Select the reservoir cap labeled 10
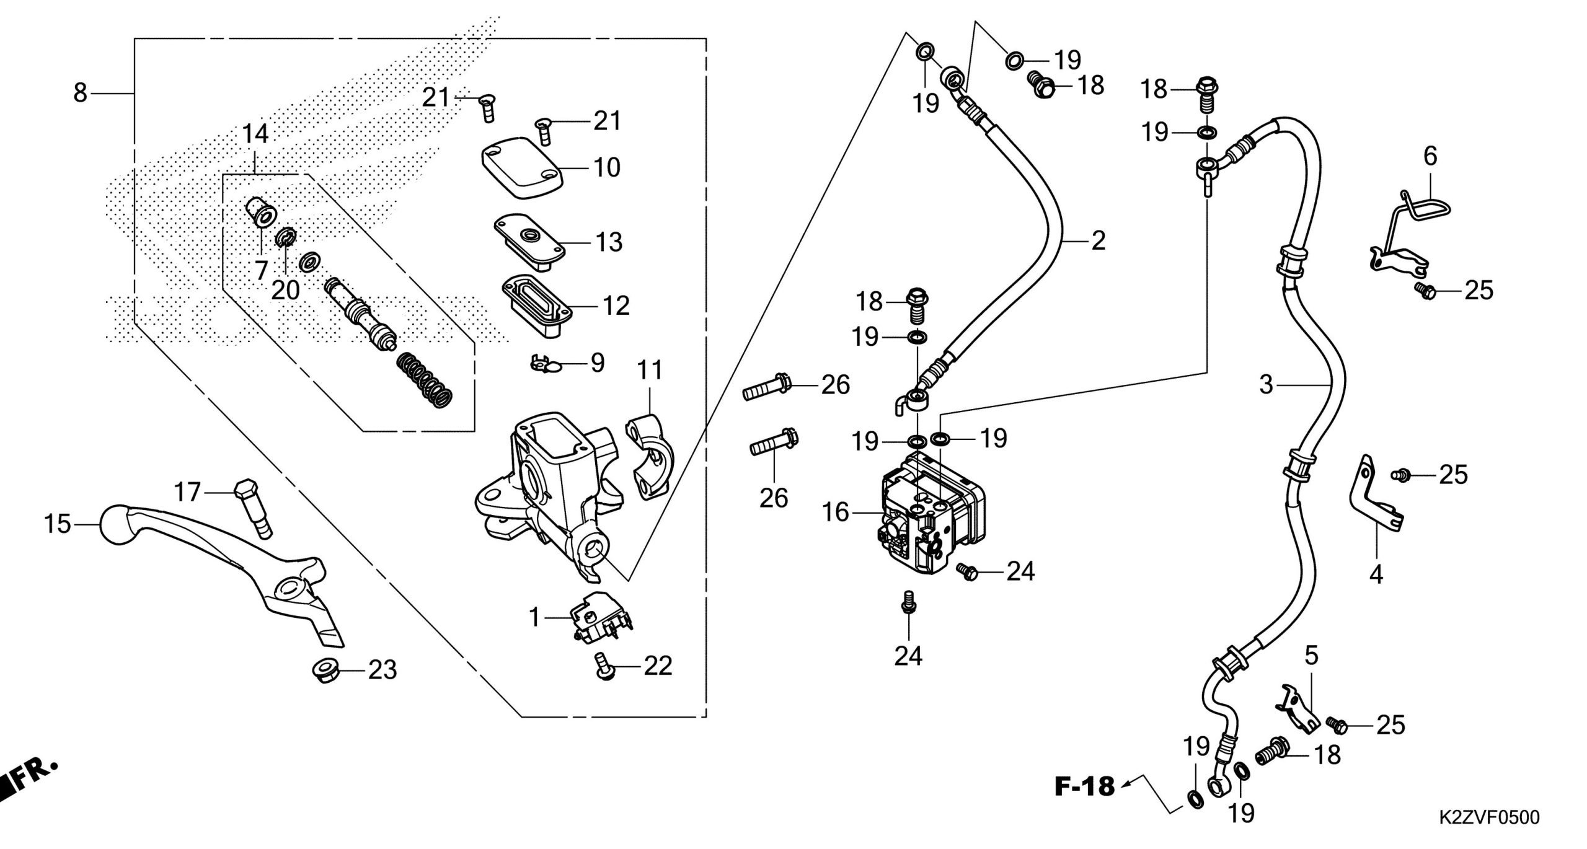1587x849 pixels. pos(522,167)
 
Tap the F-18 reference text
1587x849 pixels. pos(1084,788)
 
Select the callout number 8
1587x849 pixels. pos(81,93)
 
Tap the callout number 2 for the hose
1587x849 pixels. pos(1099,240)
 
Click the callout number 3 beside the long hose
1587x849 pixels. pos(1266,385)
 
